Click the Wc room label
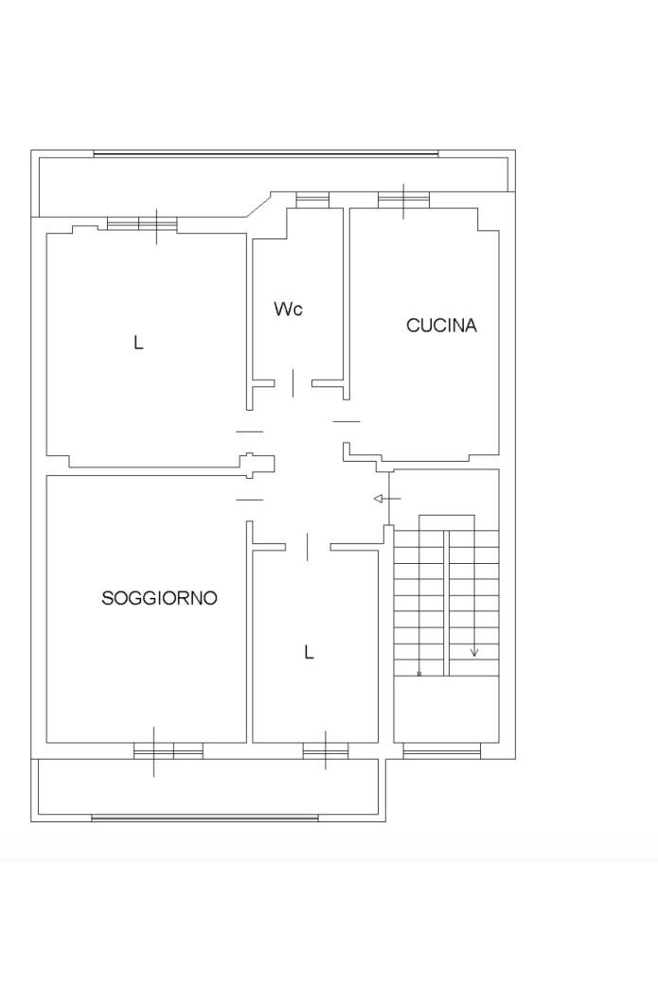pyautogui.click(x=288, y=308)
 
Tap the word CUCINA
pyautogui.click(x=441, y=326)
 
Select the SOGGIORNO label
pyautogui.click(x=159, y=597)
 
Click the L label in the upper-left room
pyautogui.click(x=138, y=343)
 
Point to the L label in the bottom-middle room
pyautogui.click(x=309, y=653)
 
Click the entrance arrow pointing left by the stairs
pyautogui.click(x=387, y=500)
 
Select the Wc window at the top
pyautogui.click(x=312, y=200)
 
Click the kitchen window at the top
pyautogui.click(x=403, y=200)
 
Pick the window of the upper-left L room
pyautogui.click(x=142, y=224)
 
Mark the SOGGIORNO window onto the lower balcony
pyautogui.click(x=169, y=750)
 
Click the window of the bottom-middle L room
pyautogui.click(x=326, y=750)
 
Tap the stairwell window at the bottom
pyautogui.click(x=441, y=750)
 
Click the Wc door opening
pyautogui.click(x=293, y=383)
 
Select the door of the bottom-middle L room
pyautogui.click(x=307, y=547)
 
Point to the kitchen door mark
pyautogui.click(x=346, y=421)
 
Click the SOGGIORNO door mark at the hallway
pyautogui.click(x=249, y=500)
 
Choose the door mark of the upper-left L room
pyautogui.click(x=249, y=431)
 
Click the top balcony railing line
pyautogui.click(x=266, y=154)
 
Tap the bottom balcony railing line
pyautogui.click(x=205, y=819)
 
